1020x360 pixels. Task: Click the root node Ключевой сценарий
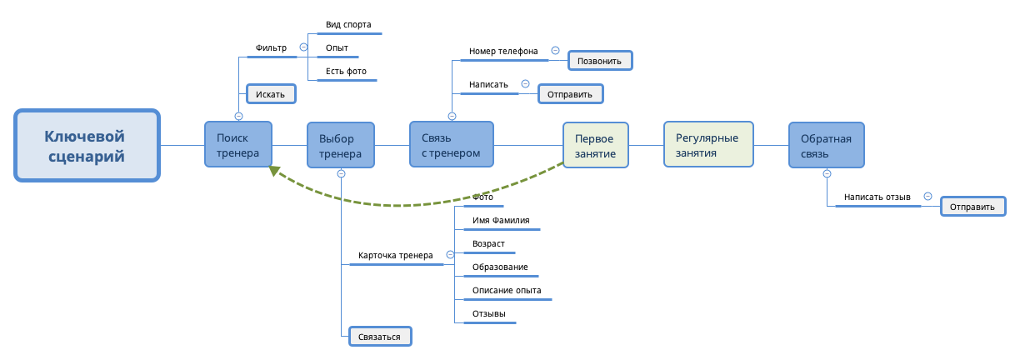click(87, 145)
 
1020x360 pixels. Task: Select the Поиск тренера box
click(238, 145)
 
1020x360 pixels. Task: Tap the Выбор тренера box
click(341, 146)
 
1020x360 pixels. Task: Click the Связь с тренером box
click(452, 145)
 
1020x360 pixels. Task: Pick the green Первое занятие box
click(595, 146)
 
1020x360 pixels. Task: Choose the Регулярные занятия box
click(708, 146)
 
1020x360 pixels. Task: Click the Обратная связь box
click(826, 146)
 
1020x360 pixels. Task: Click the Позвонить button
click(600, 61)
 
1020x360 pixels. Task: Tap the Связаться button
click(380, 337)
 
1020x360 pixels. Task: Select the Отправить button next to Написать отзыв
click(972, 207)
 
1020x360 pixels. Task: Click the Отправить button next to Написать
click(570, 94)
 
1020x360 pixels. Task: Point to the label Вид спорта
click(348, 25)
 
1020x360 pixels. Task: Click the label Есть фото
click(346, 72)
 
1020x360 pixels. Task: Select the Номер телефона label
click(503, 51)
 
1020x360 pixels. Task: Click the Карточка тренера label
click(395, 256)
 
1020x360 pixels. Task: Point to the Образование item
click(500, 267)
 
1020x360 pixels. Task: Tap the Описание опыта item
click(507, 291)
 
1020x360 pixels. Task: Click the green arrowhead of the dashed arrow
click(273, 172)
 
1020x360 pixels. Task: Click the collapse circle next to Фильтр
click(303, 47)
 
